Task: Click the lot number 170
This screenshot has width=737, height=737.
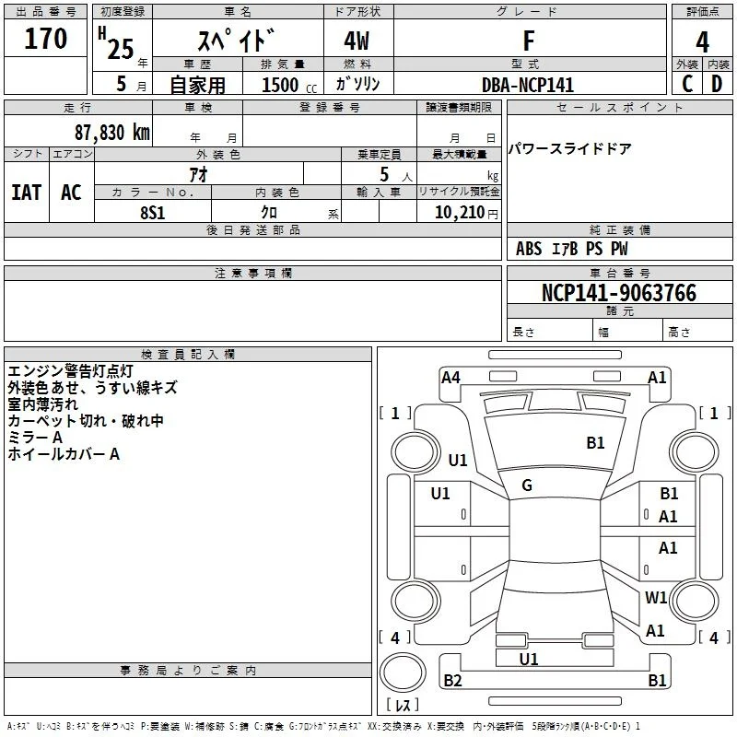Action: tap(45, 39)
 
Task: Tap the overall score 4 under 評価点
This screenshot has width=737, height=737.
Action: tap(702, 42)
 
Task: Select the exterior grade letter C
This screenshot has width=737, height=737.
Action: tap(687, 84)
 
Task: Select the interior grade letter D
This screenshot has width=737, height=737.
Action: tap(717, 84)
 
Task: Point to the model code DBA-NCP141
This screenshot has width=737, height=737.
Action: tap(528, 85)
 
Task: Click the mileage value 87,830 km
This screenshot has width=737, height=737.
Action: tap(112, 133)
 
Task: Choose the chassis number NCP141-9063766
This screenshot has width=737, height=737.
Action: tap(619, 293)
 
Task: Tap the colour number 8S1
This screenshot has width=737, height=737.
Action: tap(153, 213)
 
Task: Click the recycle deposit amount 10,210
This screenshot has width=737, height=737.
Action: tap(460, 213)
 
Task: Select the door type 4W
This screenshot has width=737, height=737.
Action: tap(357, 41)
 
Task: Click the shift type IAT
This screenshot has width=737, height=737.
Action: tap(27, 193)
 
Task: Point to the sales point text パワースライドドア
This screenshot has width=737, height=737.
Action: tap(569, 149)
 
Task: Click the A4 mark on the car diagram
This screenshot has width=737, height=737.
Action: tap(450, 378)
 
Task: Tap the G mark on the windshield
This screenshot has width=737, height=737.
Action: tap(527, 485)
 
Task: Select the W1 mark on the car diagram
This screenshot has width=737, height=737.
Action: tap(656, 597)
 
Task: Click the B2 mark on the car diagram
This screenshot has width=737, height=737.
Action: tap(452, 680)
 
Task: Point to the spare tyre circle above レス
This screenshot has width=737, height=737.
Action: tap(403, 673)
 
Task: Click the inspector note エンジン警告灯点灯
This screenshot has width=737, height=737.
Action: tap(71, 371)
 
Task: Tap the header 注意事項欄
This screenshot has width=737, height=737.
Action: tap(252, 273)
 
